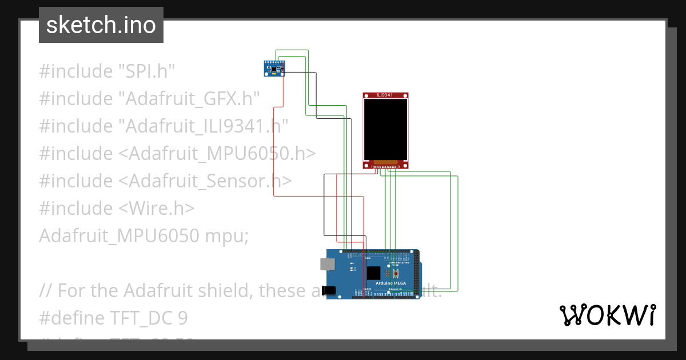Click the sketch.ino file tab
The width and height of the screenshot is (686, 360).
pos(101,25)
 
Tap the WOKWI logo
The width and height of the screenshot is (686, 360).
pos(607,315)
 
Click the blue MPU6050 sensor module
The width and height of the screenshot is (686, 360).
pos(273,69)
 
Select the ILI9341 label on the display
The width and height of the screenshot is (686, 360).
pos(386,95)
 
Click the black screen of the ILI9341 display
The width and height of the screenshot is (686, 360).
pos(386,129)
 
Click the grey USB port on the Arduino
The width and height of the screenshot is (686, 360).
pos(328,263)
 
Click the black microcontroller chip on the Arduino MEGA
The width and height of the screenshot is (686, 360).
pos(373,273)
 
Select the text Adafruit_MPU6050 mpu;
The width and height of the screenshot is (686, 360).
pos(143,235)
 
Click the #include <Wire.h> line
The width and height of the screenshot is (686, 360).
pos(117,208)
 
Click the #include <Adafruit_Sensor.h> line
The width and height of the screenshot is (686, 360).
pos(165,181)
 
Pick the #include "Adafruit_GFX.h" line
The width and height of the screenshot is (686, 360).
pos(149,99)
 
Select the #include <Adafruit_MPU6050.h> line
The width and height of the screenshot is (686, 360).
pos(177,153)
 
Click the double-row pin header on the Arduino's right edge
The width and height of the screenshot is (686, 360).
pos(416,274)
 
